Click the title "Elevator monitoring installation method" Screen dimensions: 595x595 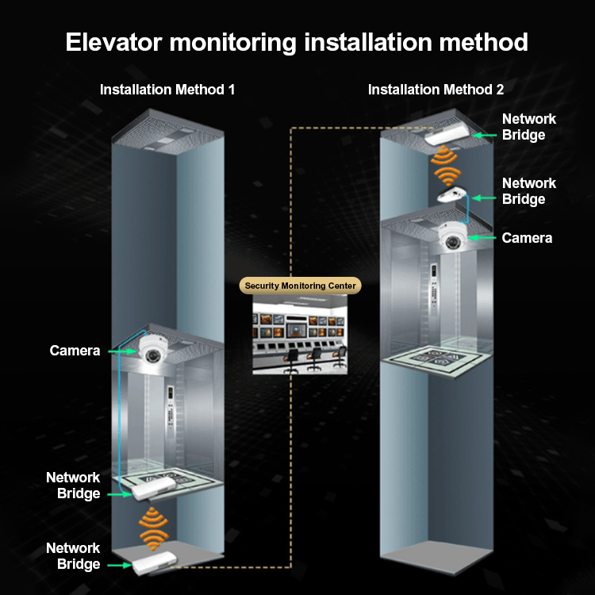pos(297,41)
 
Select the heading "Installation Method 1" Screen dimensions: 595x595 pos(167,90)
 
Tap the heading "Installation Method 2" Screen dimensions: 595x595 pos(436,90)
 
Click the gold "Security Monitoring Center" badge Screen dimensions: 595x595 pos(301,286)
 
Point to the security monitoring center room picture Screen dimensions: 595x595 pos(301,334)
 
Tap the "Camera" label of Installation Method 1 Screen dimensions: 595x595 pos(75,351)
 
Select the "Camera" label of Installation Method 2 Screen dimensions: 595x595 pos(527,238)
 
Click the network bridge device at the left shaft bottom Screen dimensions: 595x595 pos(155,564)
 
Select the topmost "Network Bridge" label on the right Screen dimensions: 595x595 pos(529,127)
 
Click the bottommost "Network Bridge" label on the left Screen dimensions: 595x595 pos(73,556)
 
